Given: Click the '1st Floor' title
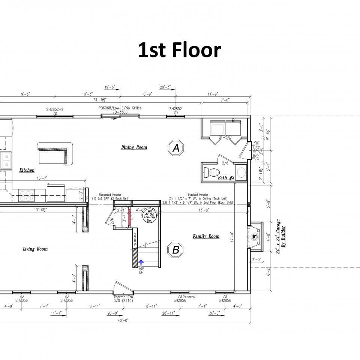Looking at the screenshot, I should click(180, 50).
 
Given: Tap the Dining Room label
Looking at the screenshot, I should click(134, 147).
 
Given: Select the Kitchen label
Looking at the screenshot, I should click(27, 170).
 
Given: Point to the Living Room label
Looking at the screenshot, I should click(35, 249).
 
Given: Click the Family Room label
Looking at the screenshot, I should click(206, 236).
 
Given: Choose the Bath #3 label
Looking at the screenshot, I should click(226, 178).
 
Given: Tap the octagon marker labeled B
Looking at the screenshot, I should click(175, 250).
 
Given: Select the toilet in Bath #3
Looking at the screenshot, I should click(210, 173).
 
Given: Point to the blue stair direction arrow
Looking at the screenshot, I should click(141, 262).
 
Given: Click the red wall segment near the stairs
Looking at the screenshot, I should click(129, 217).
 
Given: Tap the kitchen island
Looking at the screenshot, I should click(54, 152).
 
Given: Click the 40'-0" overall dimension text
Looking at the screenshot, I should click(123, 320).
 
